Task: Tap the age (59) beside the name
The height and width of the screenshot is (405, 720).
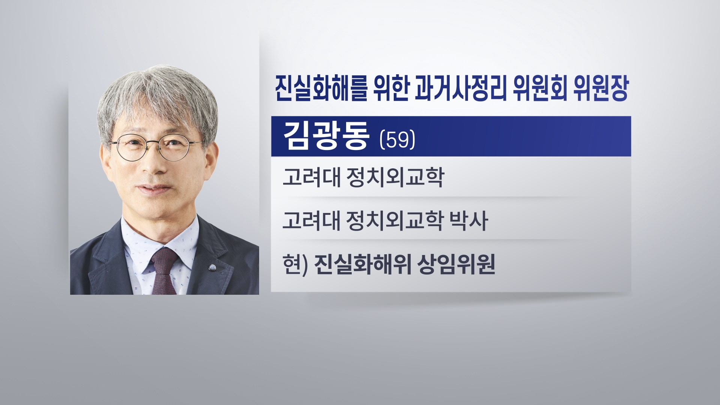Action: point(397,141)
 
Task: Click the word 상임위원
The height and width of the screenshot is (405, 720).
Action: point(451,264)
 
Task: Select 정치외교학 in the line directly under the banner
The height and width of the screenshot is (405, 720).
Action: point(395,177)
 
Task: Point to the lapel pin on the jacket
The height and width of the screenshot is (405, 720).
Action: point(212,268)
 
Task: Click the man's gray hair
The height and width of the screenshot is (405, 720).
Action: point(157,94)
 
